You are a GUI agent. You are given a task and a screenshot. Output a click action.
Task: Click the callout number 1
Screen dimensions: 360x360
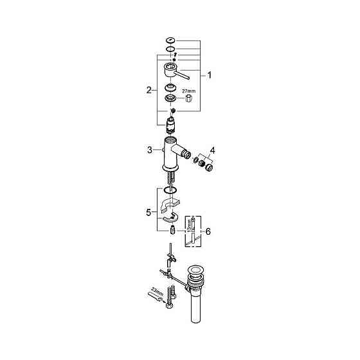pyautogui.click(x=208, y=75)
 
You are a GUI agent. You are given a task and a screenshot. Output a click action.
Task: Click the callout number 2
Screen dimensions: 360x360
pyautogui.click(x=150, y=91)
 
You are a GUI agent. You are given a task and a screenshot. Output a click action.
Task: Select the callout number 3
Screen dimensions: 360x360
pyautogui.click(x=150, y=150)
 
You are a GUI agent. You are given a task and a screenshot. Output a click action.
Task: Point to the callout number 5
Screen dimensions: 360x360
pyautogui.click(x=150, y=212)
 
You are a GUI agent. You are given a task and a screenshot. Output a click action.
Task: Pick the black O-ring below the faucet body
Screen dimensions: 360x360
pyautogui.click(x=170, y=190)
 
